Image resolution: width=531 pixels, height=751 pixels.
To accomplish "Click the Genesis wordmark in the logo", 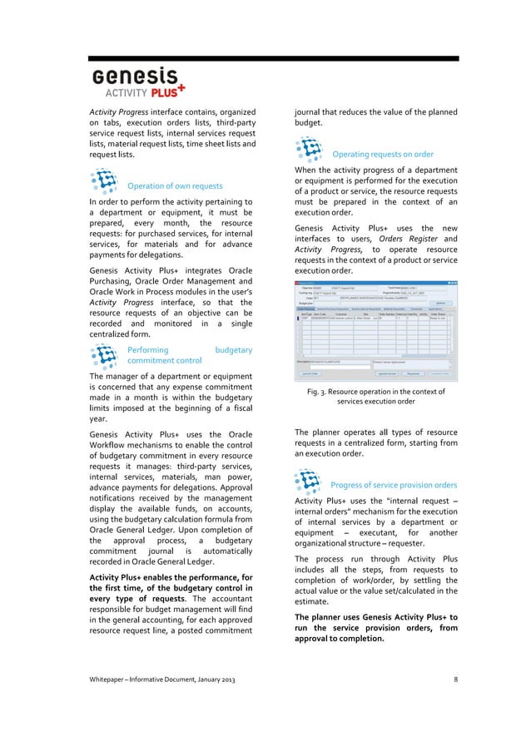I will tap(135, 77).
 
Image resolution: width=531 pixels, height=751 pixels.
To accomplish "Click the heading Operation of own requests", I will tap(174, 185).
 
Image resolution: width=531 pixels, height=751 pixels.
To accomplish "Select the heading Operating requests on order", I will tap(382, 154).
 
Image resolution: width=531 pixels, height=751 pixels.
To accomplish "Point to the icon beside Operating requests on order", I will tap(310, 150).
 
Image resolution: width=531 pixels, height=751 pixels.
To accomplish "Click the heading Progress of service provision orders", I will tap(394, 485).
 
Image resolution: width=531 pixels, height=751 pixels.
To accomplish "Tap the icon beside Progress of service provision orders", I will tap(310, 481).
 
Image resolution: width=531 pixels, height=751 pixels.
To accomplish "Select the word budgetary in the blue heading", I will tap(233, 351).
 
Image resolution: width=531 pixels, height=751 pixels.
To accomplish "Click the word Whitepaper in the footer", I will tap(112, 681).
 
